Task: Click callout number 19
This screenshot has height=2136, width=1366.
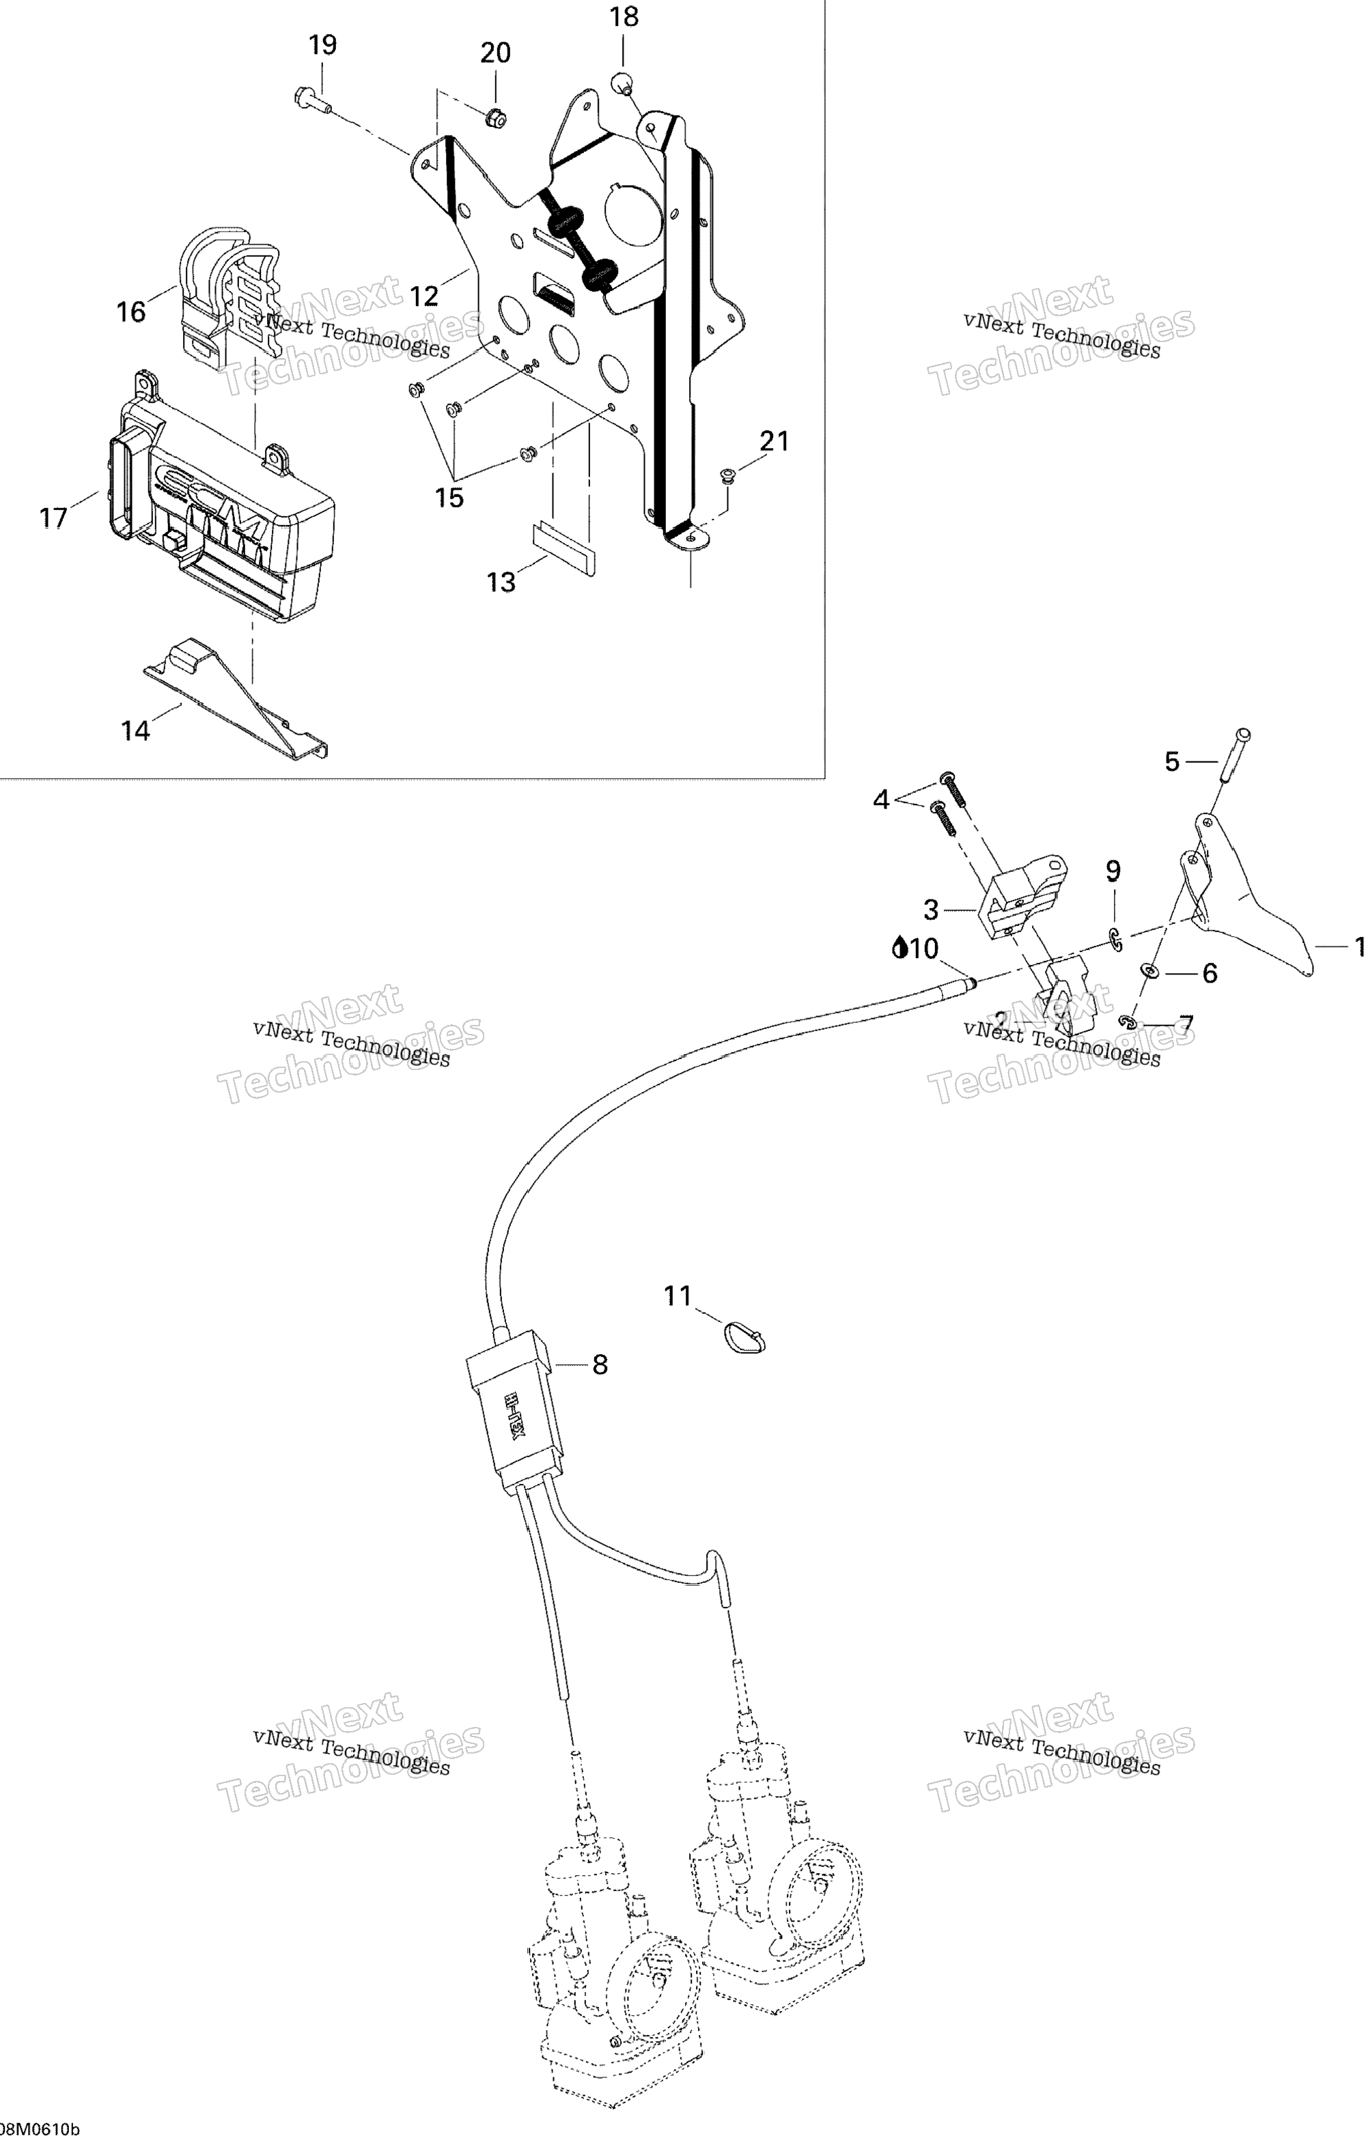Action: coord(323,44)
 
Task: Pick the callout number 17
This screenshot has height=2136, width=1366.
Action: coord(54,517)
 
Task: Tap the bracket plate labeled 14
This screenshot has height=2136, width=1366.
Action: coord(235,701)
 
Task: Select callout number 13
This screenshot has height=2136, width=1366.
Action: coord(501,582)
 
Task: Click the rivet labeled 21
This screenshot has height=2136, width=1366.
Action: coord(725,477)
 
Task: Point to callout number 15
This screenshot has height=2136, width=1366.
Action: coord(449,498)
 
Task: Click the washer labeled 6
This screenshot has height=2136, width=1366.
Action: coord(1149,971)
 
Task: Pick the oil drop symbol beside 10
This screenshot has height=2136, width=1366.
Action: coord(900,949)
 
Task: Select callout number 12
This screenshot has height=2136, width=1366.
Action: coord(424,296)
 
